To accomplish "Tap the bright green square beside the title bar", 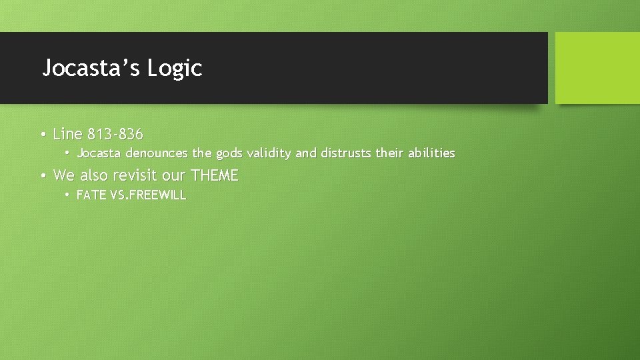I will pos(597,68).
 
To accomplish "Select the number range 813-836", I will pos(115,134).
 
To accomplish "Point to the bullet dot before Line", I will pos(42,135).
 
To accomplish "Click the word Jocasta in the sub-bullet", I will pos(99,153).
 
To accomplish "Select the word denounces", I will pos(157,153).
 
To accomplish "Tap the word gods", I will pos(229,153).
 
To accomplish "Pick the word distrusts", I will pos(346,153).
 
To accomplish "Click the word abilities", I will pos(431,153).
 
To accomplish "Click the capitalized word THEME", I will pos(214,176).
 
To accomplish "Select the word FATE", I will pos(91,195).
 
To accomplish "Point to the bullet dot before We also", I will pos(42,177).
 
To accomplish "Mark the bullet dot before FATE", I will pos(67,195).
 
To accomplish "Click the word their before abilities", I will pos(389,153).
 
